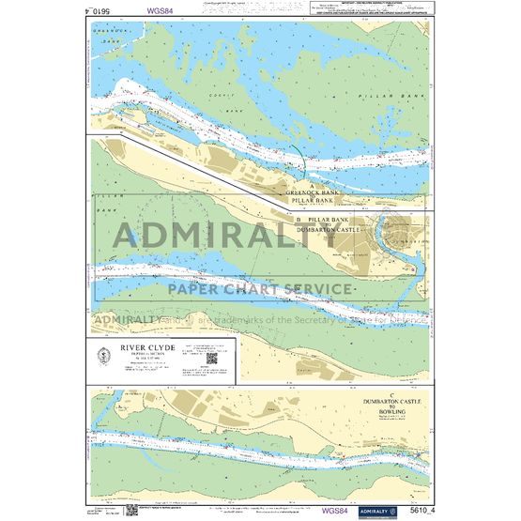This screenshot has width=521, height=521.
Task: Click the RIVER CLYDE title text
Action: (x=139, y=345)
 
